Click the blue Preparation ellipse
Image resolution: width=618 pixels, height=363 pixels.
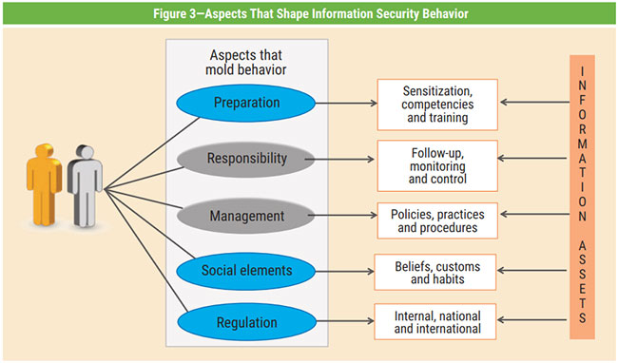[x=245, y=102]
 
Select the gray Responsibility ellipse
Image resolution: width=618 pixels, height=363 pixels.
[x=245, y=159]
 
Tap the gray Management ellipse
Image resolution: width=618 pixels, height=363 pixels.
[x=245, y=216]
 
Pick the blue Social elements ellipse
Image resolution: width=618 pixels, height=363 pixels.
[x=245, y=271]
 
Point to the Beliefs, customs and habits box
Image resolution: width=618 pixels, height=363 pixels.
[x=437, y=271]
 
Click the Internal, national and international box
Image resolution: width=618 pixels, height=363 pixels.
[x=437, y=322]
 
